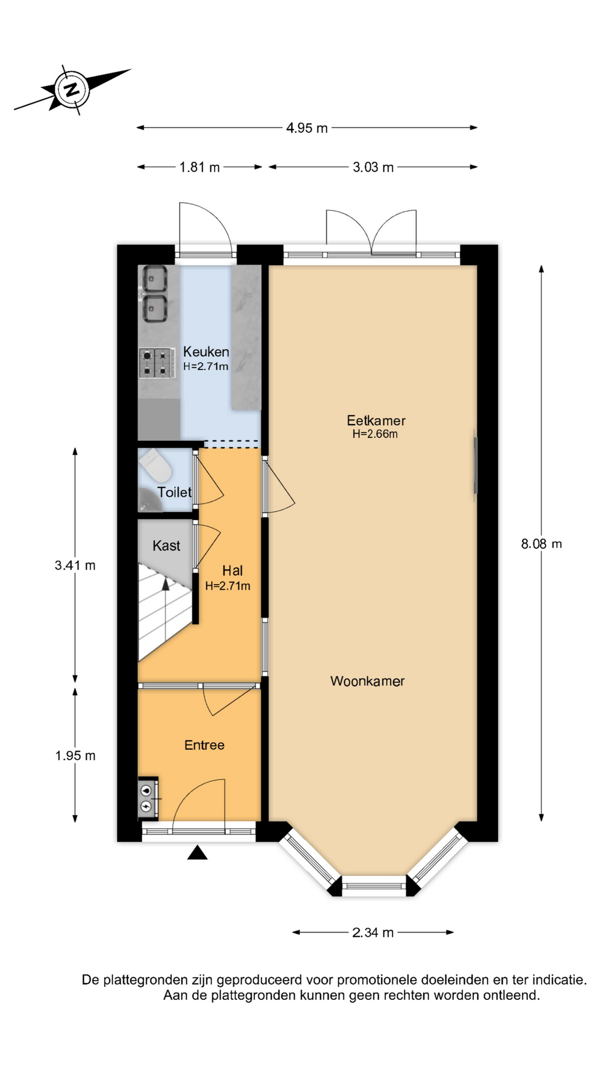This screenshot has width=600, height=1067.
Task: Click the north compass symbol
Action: (x=72, y=89)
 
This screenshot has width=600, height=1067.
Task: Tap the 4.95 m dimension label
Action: (x=307, y=128)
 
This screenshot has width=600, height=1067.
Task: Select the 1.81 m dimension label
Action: (x=199, y=167)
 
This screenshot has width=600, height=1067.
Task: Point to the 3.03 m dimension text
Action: (x=373, y=167)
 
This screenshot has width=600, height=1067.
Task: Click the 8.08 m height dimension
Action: (x=541, y=544)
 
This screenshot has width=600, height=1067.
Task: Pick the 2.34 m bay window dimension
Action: (x=373, y=932)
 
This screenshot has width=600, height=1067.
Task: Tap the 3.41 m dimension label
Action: (x=75, y=565)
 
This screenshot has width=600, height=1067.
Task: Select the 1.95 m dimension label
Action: (x=75, y=755)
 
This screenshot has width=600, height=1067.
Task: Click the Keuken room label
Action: (x=206, y=351)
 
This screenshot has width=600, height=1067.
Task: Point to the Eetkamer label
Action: (x=376, y=420)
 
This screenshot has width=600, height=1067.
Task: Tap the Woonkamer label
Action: (x=367, y=681)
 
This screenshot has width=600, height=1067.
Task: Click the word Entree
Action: (x=204, y=745)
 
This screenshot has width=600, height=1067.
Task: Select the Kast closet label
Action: (x=166, y=545)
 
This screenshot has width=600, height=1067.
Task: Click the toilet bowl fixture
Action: (x=156, y=466)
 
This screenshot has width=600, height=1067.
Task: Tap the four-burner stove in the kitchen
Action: (x=155, y=362)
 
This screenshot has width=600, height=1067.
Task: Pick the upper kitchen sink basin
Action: (x=155, y=279)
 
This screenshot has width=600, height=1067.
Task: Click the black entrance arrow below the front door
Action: (x=197, y=852)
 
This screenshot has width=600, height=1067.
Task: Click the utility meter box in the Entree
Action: (x=148, y=798)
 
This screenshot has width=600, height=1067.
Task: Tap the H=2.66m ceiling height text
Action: (x=375, y=434)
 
